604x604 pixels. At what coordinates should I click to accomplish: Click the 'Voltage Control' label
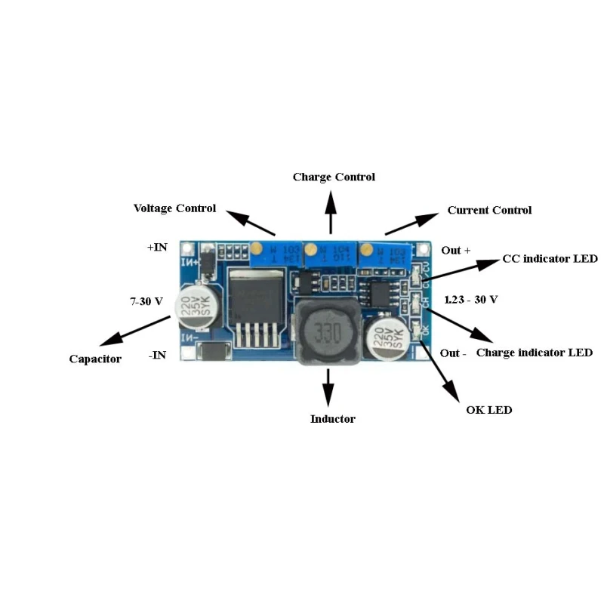(x=174, y=208)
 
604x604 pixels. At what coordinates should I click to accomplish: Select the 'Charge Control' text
(x=334, y=177)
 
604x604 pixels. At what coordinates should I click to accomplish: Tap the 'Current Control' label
(x=489, y=210)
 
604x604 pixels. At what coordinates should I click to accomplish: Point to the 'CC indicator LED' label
(x=550, y=259)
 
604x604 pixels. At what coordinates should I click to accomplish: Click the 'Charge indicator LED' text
(x=535, y=353)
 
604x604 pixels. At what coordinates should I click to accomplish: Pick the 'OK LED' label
(x=489, y=410)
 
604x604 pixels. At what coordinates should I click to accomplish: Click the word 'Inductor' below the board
(x=332, y=419)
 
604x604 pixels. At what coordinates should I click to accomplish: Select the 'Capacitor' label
(x=95, y=359)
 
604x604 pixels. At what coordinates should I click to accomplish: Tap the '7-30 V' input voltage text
(x=146, y=301)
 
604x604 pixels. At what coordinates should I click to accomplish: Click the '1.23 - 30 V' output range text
(x=471, y=300)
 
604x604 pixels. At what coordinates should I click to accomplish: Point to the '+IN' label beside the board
(x=157, y=247)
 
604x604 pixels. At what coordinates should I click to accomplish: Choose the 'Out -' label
(x=454, y=353)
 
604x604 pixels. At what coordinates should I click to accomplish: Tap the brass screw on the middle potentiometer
(x=310, y=247)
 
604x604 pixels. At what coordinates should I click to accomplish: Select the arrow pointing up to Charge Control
(x=330, y=211)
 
